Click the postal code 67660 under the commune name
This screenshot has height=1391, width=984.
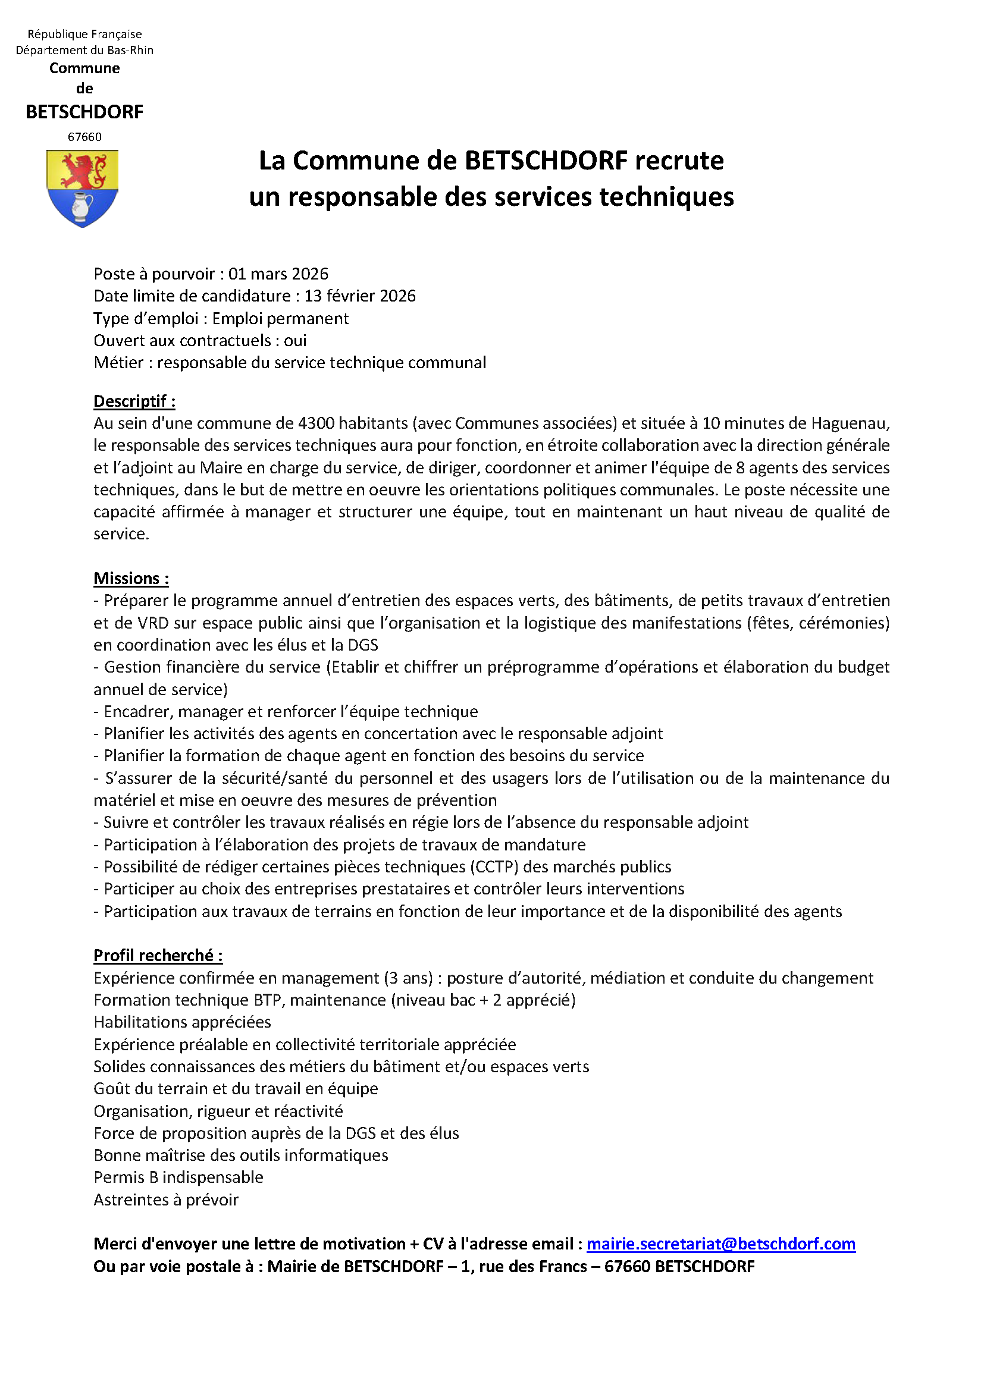pos(85,137)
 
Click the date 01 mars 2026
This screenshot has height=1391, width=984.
pos(278,274)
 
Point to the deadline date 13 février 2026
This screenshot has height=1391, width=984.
pos(360,296)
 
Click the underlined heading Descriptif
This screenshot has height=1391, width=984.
pos(134,401)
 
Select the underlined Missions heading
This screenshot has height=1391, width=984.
pos(131,579)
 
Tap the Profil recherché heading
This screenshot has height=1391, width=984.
pos(158,956)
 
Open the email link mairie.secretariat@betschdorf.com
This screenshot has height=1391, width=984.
pos(720,1244)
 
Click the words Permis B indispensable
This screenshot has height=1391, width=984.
pos(178,1177)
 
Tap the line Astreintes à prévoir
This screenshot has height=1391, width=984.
pos(166,1200)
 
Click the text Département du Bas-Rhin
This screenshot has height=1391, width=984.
pos(85,51)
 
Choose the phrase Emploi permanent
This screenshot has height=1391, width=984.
pos(280,319)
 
